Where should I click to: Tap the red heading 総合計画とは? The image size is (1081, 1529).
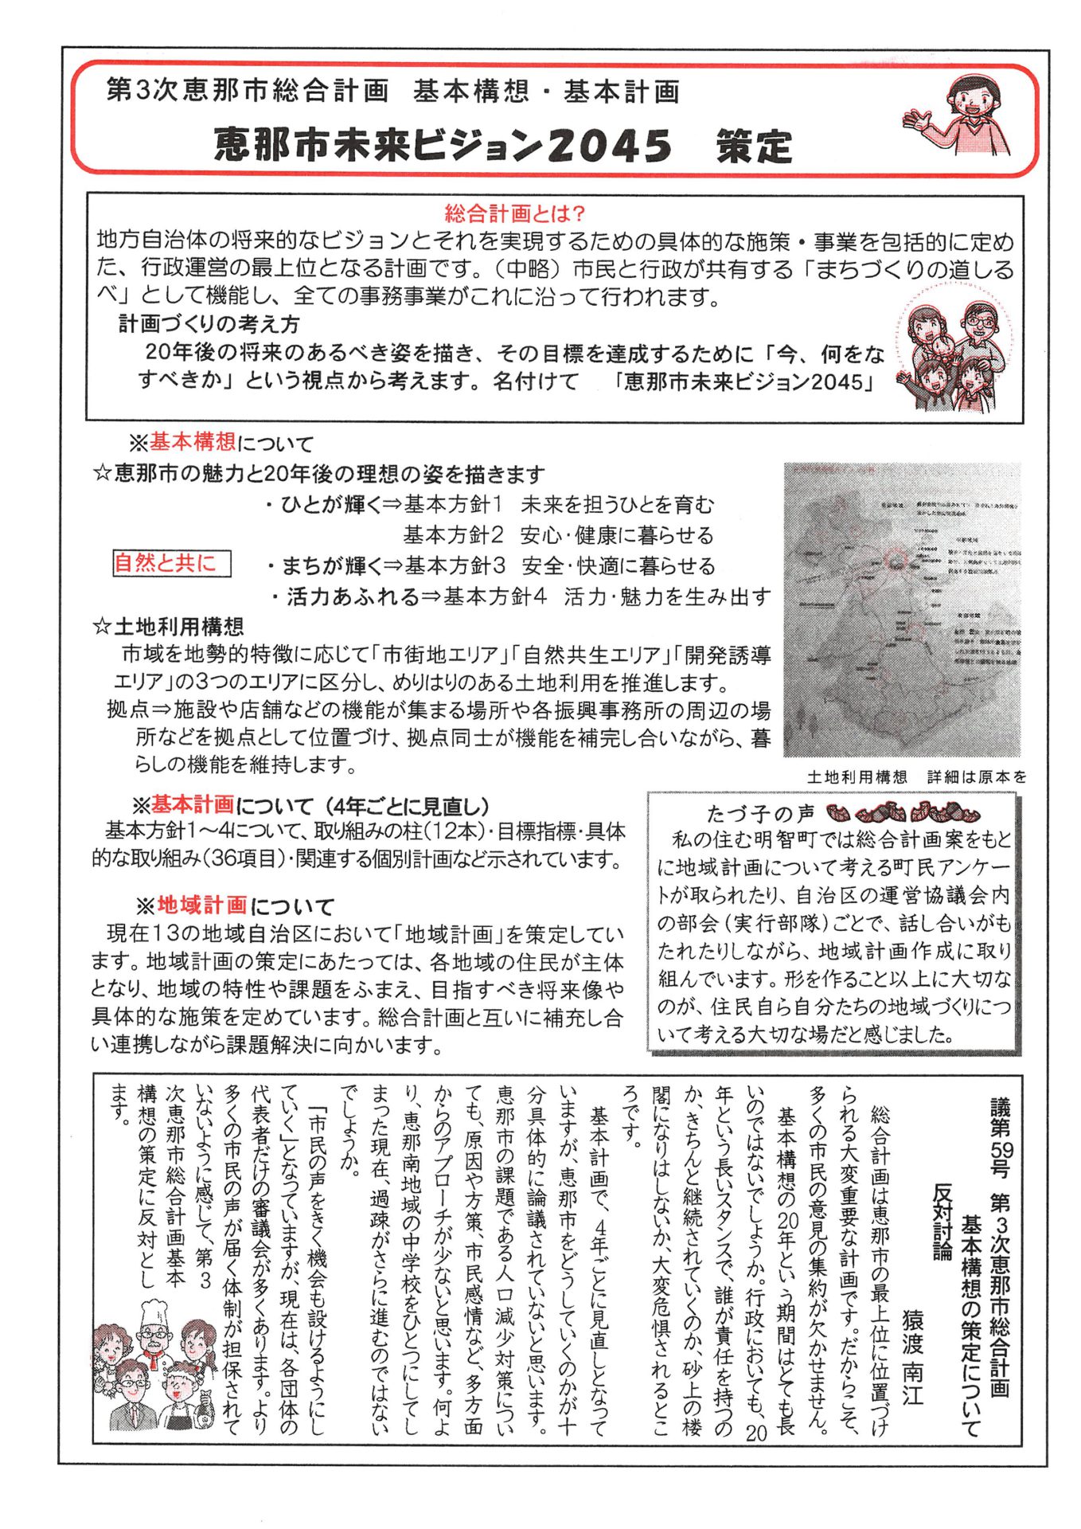(515, 213)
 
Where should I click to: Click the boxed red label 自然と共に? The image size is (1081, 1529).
(171, 564)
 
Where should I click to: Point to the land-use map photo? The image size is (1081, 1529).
(902, 609)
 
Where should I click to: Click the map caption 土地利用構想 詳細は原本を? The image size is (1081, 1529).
(916, 777)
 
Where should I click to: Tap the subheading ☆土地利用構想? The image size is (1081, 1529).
(168, 626)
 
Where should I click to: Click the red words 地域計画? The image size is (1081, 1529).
(202, 905)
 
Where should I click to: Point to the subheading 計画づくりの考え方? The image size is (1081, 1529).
(209, 324)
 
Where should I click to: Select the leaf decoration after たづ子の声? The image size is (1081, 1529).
(903, 813)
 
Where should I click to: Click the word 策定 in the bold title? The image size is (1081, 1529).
(754, 147)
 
